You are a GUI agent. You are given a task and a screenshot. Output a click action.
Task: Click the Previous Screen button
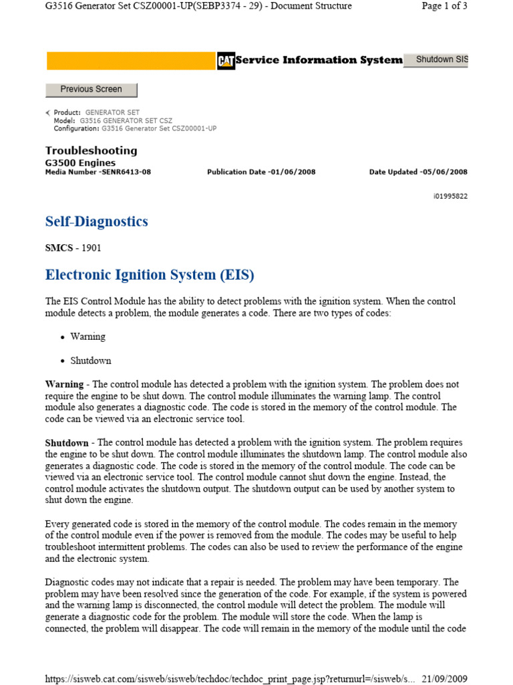[91, 89]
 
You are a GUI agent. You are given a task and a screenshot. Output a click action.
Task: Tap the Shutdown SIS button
[441, 60]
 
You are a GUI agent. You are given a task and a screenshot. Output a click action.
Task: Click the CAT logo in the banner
[225, 60]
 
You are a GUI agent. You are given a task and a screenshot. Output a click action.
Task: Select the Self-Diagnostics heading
[96, 221]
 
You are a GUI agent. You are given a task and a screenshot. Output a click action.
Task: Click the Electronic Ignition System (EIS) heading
[150, 275]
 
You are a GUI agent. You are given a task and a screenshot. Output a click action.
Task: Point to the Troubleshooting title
[91, 151]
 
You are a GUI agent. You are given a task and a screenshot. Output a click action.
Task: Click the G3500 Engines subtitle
[80, 163]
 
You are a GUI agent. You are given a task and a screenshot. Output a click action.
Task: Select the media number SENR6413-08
[98, 172]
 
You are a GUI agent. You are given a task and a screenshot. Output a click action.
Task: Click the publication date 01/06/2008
[261, 172]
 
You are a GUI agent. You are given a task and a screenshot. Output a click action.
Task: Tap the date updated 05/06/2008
[418, 172]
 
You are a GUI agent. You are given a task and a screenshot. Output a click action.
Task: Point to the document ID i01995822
[450, 197]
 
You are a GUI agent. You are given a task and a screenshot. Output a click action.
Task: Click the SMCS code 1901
[73, 248]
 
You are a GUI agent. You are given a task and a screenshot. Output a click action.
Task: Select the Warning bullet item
[88, 336]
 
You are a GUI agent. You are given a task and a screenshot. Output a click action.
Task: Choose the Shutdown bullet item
[91, 361]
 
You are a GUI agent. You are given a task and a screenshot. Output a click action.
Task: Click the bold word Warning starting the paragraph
[64, 385]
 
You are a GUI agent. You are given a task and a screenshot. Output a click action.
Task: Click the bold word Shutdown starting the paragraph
[66, 443]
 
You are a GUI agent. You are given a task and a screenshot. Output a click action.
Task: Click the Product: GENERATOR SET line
[97, 112]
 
